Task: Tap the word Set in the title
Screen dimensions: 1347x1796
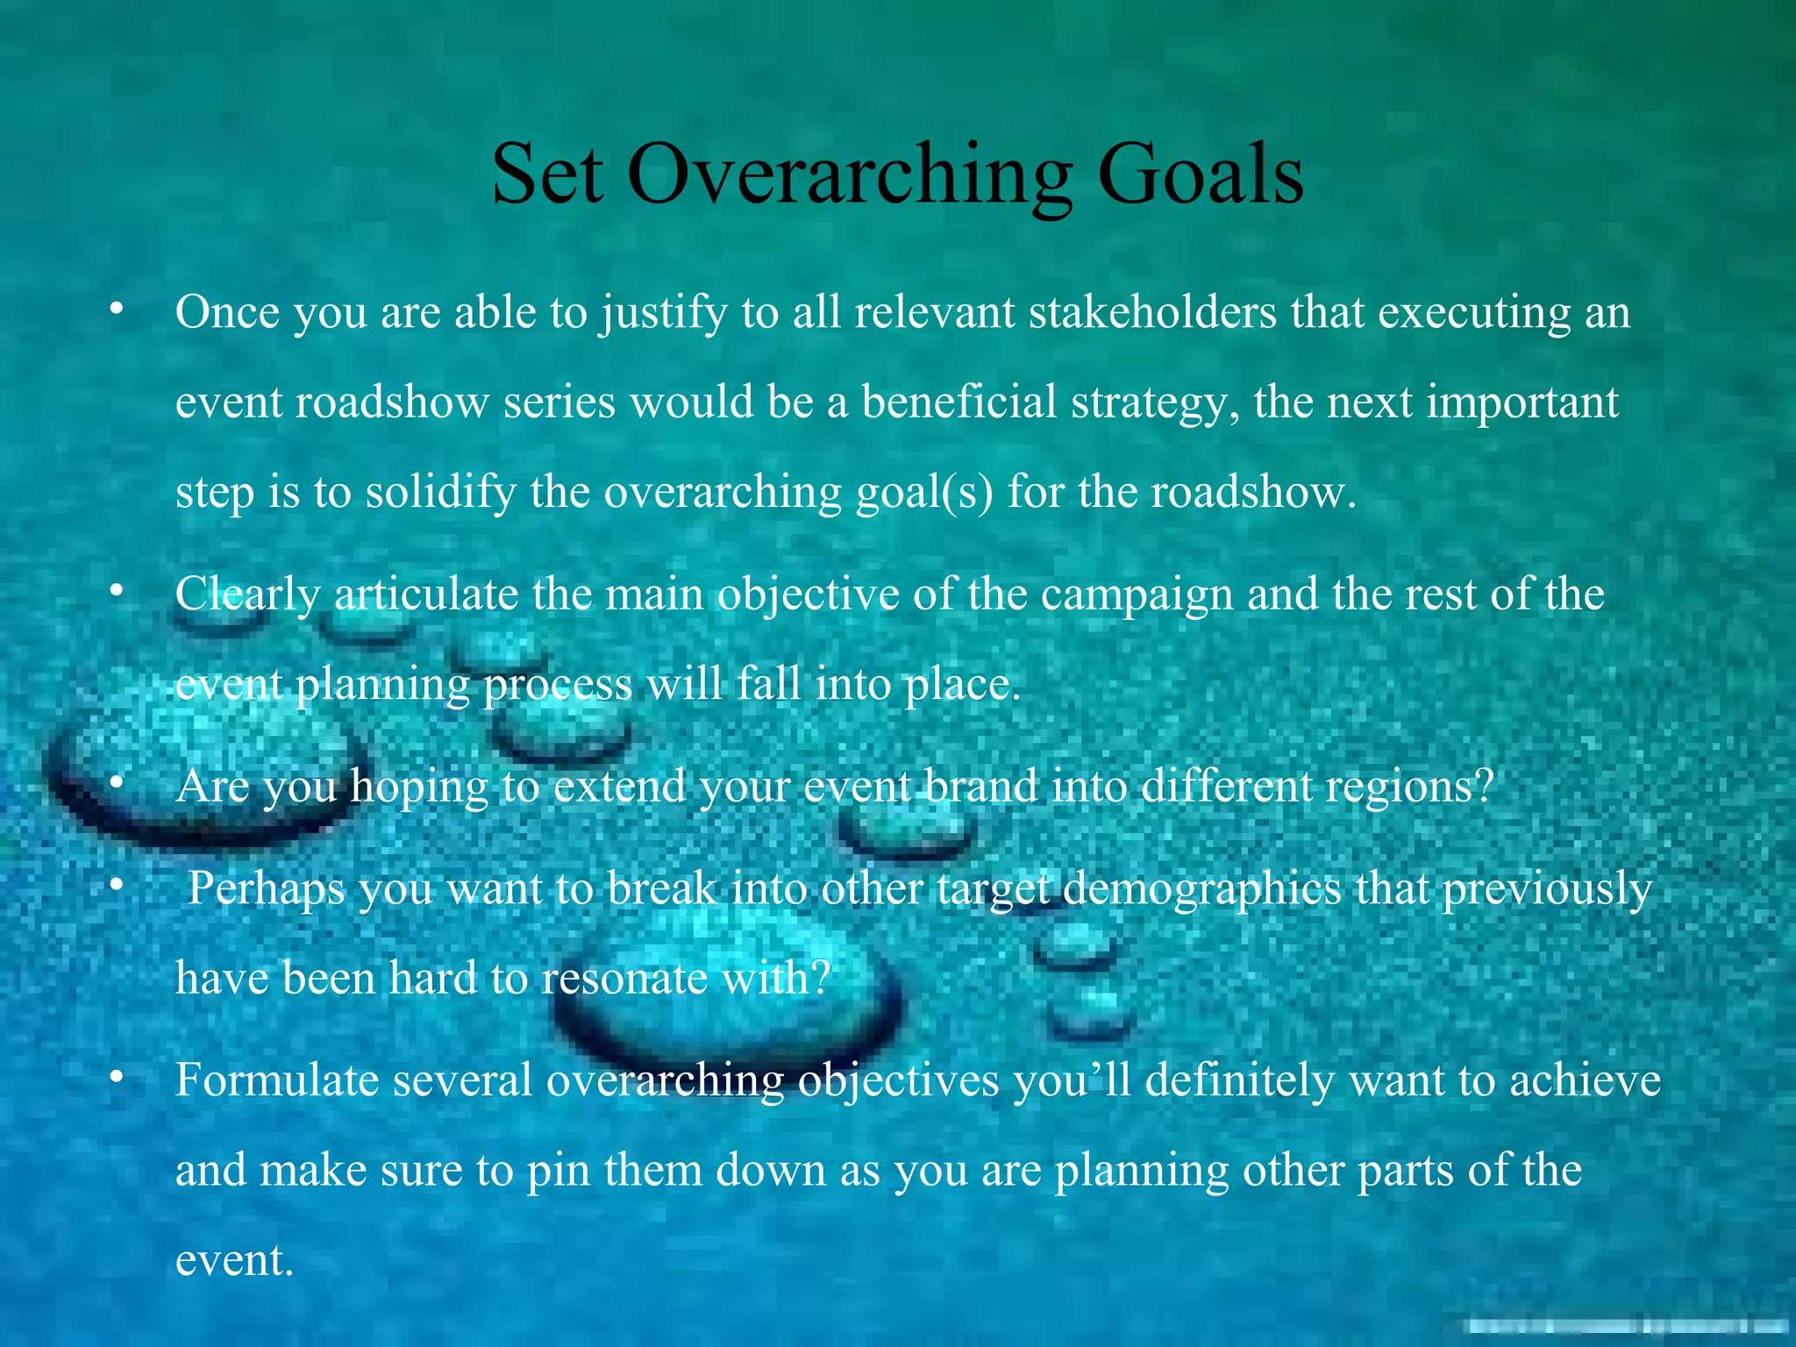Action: click(x=547, y=174)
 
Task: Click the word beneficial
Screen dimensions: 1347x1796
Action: click(x=959, y=402)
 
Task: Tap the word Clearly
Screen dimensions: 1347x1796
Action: click(x=248, y=595)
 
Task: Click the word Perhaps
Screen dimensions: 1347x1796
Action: click(x=267, y=889)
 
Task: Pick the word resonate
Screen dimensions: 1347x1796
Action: click(x=624, y=978)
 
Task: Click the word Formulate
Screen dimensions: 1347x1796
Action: click(x=277, y=1080)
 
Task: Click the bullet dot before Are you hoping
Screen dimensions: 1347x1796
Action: click(x=116, y=784)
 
